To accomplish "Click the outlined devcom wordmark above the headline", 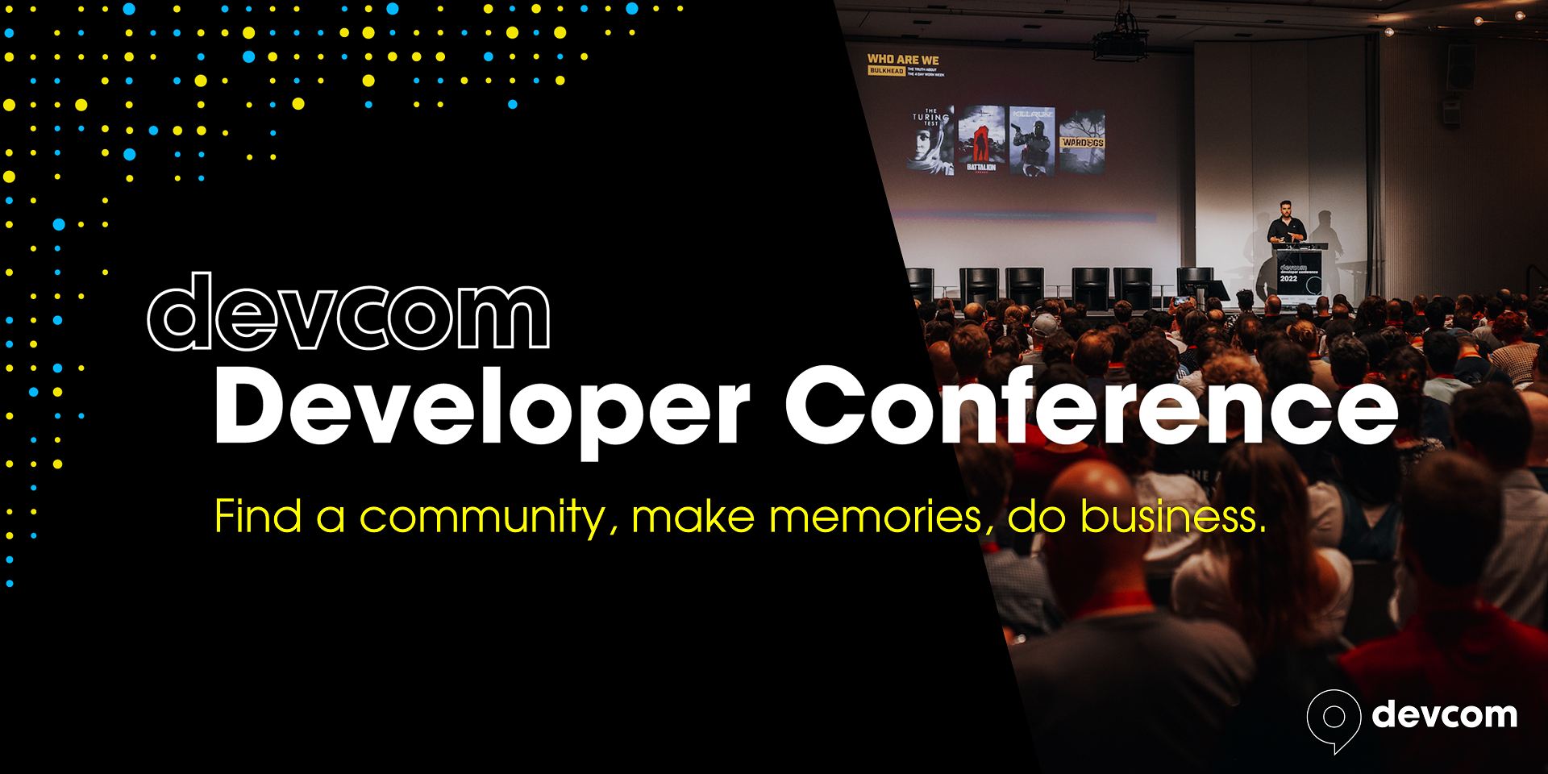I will pos(348,313).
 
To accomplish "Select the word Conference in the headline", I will pos(1091,407).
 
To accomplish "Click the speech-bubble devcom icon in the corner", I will pos(1334,718).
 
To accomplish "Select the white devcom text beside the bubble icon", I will pos(1444,715).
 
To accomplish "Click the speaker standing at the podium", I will pos(1286,226).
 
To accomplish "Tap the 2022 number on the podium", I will pos(1288,279).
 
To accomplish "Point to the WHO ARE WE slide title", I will pos(903,60).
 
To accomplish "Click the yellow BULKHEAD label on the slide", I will pos(886,71).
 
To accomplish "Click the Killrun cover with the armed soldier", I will pos(1032,140).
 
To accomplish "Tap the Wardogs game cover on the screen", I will pos(1082,142).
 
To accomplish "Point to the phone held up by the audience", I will pos(1183,301).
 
